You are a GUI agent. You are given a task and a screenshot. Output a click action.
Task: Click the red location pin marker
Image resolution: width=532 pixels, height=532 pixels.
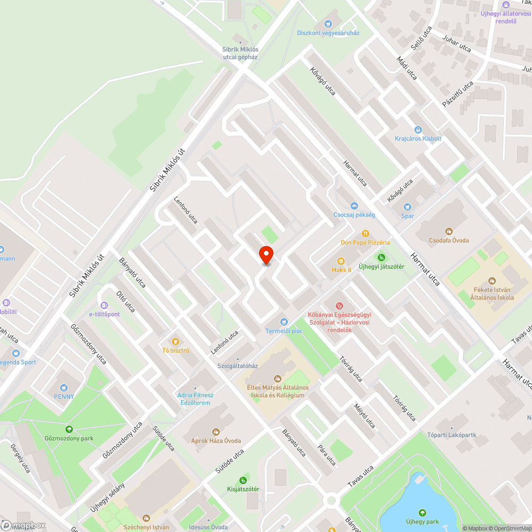pyautogui.click(x=265, y=255)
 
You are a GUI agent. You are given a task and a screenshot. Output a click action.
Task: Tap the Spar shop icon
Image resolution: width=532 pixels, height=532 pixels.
pyautogui.click(x=408, y=206)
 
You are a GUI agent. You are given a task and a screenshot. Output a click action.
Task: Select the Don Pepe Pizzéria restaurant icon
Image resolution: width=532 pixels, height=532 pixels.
pyautogui.click(x=365, y=233)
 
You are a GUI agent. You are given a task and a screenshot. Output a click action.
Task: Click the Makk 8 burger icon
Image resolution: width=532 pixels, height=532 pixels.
pyautogui.click(x=341, y=261)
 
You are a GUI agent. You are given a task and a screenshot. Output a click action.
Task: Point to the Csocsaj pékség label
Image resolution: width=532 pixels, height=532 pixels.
pyautogui.click(x=354, y=214)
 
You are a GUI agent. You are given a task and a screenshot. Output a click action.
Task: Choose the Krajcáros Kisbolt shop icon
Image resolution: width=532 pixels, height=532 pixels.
pyautogui.click(x=418, y=129)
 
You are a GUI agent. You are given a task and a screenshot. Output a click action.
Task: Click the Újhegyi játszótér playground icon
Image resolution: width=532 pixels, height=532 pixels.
pyautogui.click(x=380, y=257)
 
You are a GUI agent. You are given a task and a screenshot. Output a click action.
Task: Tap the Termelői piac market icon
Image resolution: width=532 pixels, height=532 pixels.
pyautogui.click(x=284, y=321)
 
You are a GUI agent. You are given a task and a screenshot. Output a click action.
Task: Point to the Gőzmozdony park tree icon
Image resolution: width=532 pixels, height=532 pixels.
pyautogui.click(x=68, y=429)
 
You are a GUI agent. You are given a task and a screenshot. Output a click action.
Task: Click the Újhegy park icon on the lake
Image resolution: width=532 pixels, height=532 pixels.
pyautogui.click(x=422, y=513)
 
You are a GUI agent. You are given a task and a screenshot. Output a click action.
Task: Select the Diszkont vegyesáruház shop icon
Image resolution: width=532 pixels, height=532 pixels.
pyautogui.click(x=328, y=23)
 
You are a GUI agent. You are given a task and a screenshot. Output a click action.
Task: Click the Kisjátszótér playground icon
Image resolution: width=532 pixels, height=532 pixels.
pyautogui.click(x=243, y=480)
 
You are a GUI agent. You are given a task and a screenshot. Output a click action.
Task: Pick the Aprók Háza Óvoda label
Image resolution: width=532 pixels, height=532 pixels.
pyautogui.click(x=216, y=440)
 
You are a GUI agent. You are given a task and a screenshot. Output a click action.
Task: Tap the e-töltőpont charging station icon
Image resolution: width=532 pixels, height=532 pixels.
pyautogui.click(x=104, y=305)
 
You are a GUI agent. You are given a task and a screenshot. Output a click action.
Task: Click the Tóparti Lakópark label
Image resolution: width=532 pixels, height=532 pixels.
pyautogui.click(x=451, y=435)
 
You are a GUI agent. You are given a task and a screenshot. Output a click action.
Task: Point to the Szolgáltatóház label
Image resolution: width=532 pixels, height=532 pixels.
pyautogui.click(x=237, y=366)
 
